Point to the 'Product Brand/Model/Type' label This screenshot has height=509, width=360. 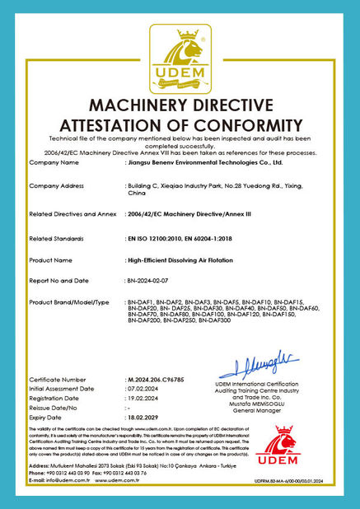pos(68,303)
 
